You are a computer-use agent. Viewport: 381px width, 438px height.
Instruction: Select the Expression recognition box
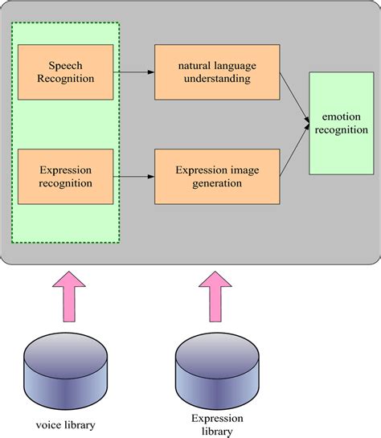coord(66,175)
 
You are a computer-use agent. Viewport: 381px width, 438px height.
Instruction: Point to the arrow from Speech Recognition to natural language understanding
coord(134,72)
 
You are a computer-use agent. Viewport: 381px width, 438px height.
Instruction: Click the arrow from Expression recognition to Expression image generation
coord(134,176)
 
